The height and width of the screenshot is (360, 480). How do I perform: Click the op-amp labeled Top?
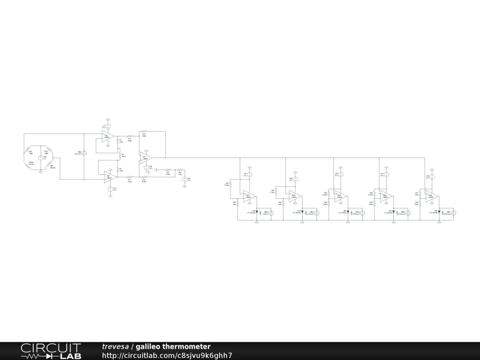[107, 137]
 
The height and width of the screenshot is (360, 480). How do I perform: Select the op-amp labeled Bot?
[109, 177]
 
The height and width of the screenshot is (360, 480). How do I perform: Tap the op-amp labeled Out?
[146, 157]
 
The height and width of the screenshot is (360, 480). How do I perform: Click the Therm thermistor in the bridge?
[31, 164]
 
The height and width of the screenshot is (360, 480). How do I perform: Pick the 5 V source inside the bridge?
[41, 157]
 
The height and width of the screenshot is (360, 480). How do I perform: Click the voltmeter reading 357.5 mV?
[84, 153]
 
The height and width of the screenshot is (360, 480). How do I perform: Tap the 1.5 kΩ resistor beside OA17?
[230, 185]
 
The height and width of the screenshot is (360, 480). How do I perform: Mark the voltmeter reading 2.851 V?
[270, 213]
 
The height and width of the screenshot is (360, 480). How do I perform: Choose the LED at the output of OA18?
[303, 211]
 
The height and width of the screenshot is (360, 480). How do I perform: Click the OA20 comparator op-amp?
[385, 196]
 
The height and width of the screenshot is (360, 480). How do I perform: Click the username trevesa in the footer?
[115, 346]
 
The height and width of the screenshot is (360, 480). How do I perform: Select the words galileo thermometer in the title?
[173, 346]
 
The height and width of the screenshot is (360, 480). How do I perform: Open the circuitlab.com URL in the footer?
[167, 355]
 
